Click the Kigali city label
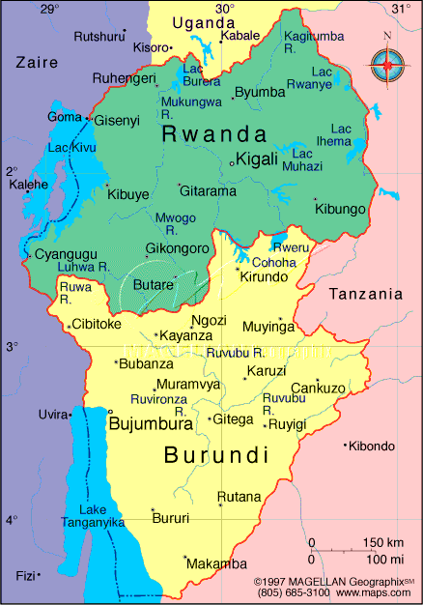click(258, 158)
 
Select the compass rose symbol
click(386, 65)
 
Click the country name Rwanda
click(214, 133)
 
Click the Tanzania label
click(365, 294)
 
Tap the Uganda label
click(203, 23)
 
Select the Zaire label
click(37, 62)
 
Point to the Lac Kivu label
click(70, 148)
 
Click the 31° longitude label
click(399, 9)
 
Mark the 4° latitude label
click(12, 520)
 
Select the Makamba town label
click(216, 563)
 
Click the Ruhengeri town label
click(124, 78)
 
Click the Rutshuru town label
click(99, 36)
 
